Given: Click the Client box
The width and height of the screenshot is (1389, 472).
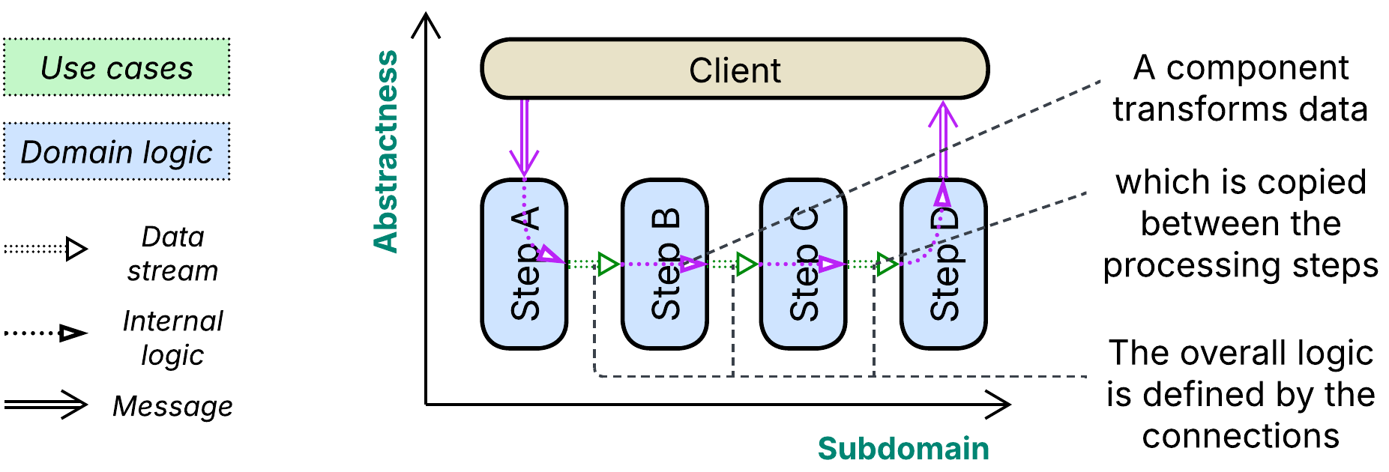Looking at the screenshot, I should click(x=735, y=70).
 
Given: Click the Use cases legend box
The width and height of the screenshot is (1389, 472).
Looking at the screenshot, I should click(x=116, y=67).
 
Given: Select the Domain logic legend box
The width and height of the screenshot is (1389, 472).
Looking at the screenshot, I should click(x=116, y=151).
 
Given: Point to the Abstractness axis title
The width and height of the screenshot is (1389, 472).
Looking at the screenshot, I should click(x=387, y=151).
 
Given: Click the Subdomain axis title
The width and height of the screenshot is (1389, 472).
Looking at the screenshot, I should click(x=903, y=449).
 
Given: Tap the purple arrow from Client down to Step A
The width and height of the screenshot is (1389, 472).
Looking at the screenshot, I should click(x=524, y=139).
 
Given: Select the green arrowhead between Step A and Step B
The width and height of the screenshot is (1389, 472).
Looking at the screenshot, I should click(x=607, y=264).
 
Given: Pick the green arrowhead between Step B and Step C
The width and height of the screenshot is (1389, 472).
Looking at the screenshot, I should click(x=746, y=264).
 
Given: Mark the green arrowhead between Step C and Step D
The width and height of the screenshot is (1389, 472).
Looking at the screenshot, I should click(x=886, y=264).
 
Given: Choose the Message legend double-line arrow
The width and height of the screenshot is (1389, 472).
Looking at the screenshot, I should click(x=46, y=405).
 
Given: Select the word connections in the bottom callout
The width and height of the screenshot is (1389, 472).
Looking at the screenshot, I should click(x=1241, y=436).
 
